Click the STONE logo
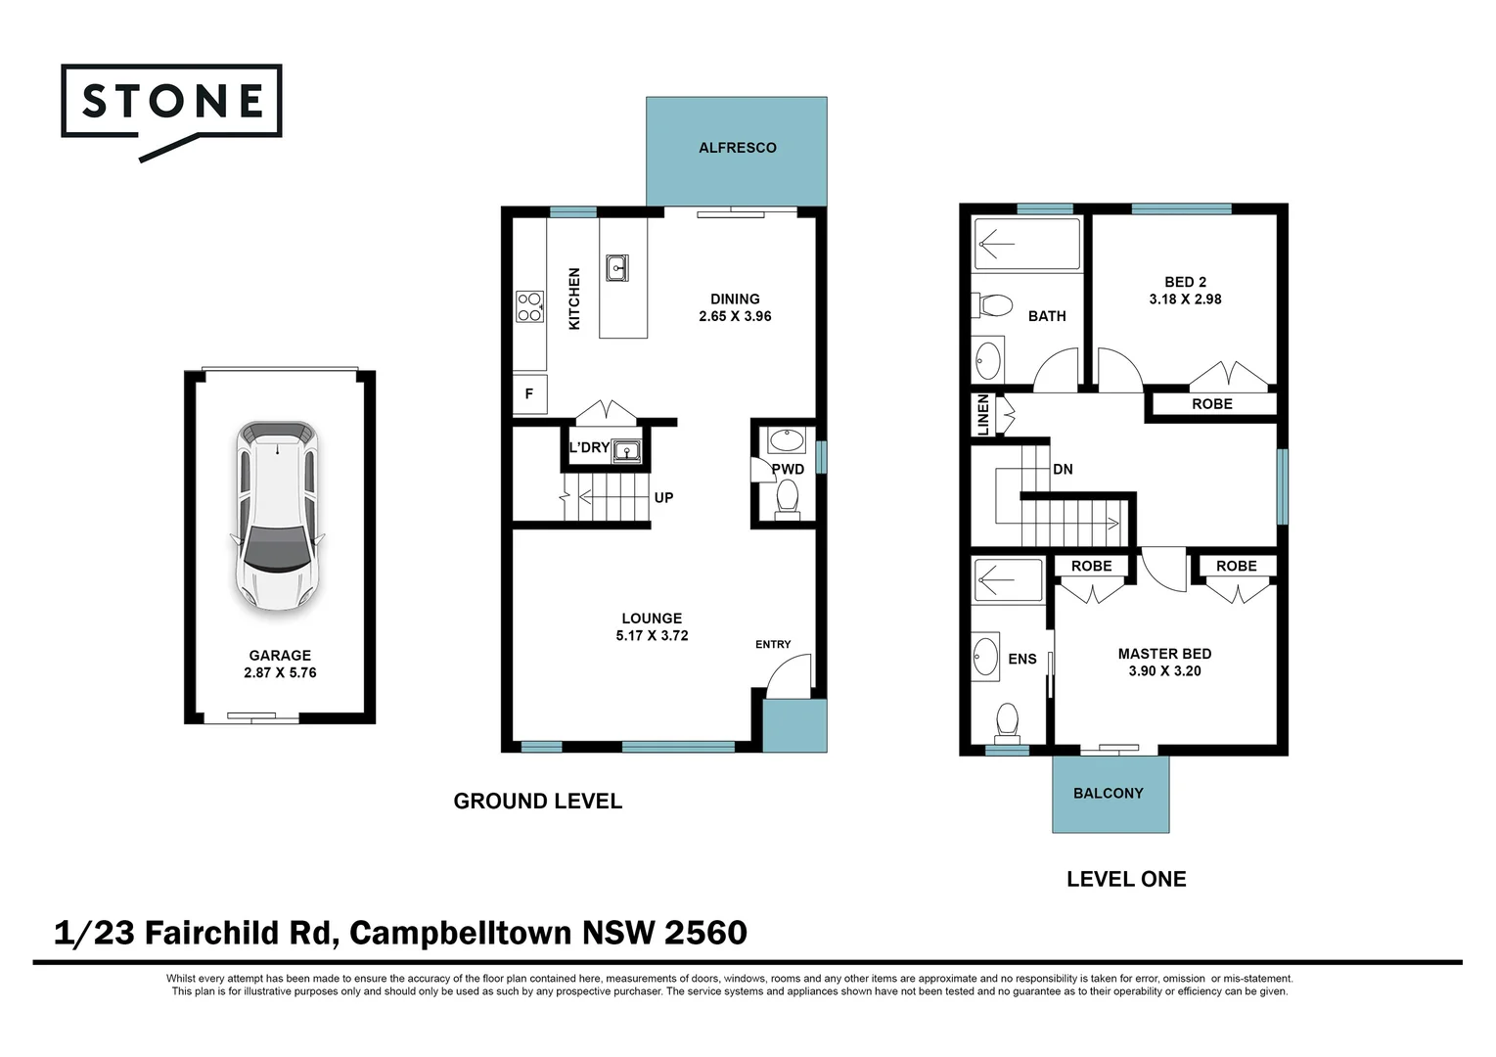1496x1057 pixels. (x=172, y=102)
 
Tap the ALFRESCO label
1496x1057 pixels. (x=737, y=148)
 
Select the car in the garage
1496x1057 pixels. (x=279, y=515)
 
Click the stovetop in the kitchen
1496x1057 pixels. (x=529, y=306)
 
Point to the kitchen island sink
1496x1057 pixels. (x=616, y=267)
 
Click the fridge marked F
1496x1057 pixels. (x=529, y=394)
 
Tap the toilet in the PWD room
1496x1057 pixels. (x=787, y=501)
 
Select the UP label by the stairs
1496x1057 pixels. (x=663, y=498)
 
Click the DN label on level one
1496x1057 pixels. (x=1063, y=470)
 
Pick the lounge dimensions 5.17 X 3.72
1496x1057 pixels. (x=652, y=636)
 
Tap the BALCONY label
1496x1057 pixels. (x=1108, y=794)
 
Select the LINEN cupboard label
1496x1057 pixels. (x=983, y=415)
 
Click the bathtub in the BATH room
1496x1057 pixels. (x=1026, y=243)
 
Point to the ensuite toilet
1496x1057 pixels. (x=1007, y=722)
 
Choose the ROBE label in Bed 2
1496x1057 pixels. (x=1211, y=404)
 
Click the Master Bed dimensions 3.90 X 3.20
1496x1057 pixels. (x=1164, y=671)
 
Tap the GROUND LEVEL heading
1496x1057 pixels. (x=537, y=802)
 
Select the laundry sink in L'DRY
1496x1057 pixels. (x=625, y=451)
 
